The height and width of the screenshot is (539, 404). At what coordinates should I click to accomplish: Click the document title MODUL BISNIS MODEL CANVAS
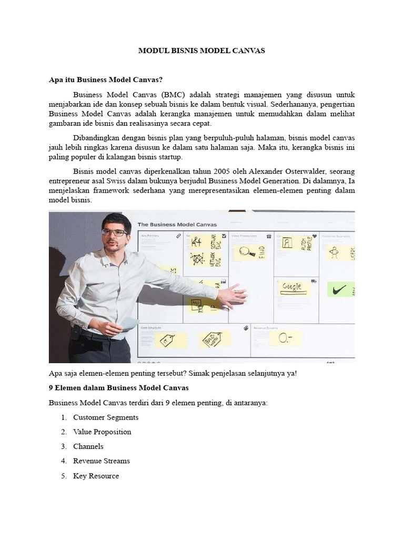[x=201, y=51]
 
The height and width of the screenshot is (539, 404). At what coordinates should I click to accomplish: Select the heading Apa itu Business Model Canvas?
[x=106, y=80]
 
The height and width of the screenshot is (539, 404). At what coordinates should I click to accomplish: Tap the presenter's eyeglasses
[x=115, y=232]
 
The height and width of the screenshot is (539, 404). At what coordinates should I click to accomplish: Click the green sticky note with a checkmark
[x=340, y=289]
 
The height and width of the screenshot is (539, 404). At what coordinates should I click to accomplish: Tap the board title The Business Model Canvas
[x=177, y=224]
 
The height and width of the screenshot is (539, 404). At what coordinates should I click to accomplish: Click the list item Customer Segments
[x=106, y=417]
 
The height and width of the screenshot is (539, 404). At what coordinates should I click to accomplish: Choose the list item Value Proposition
[x=102, y=432]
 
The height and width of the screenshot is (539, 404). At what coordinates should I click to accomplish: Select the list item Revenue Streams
[x=102, y=461]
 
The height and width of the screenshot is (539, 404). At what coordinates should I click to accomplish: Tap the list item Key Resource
[x=96, y=476]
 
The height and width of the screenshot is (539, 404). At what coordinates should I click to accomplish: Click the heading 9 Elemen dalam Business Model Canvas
[x=118, y=387]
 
